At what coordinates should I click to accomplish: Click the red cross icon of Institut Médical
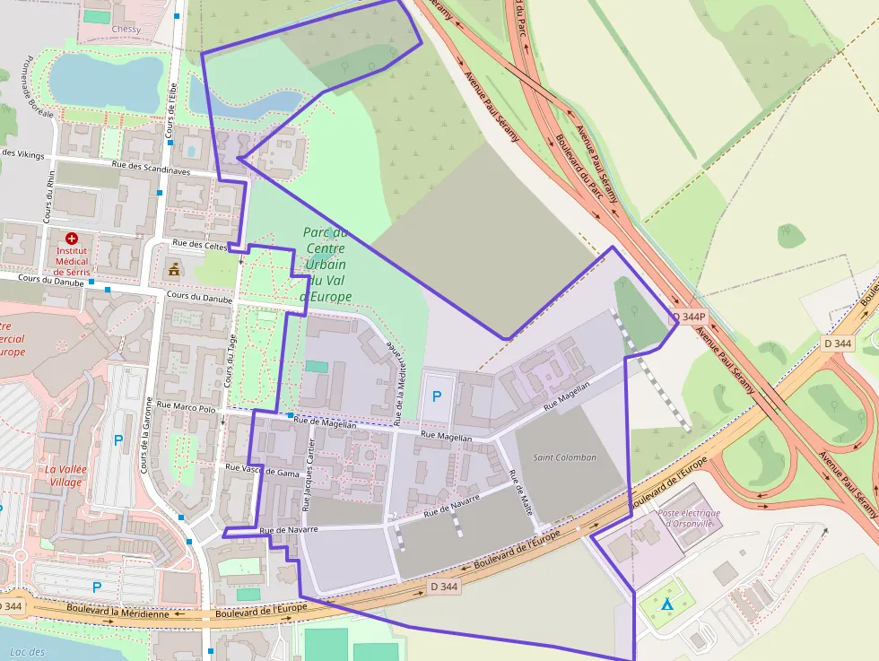click(x=72, y=239)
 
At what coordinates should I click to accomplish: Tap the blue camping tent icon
click(x=666, y=604)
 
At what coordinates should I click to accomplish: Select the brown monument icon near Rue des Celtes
click(x=173, y=269)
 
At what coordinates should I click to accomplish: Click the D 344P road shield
click(x=690, y=317)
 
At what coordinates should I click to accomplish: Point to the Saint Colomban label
click(x=564, y=457)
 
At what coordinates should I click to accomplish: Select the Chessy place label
click(x=126, y=29)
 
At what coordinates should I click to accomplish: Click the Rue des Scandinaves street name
click(x=151, y=167)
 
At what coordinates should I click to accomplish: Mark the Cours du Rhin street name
click(x=49, y=196)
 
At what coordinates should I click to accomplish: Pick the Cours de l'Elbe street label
click(x=172, y=110)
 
